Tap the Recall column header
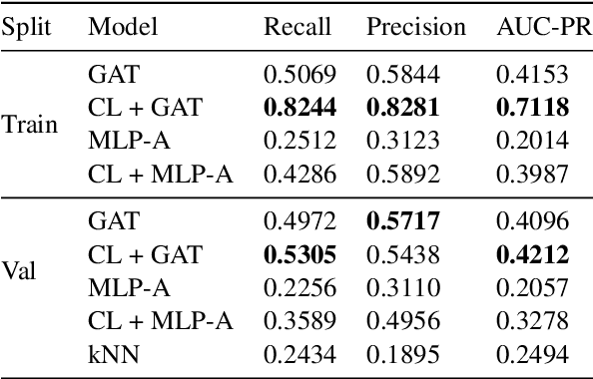point(296,27)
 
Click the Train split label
point(29,126)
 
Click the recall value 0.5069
point(296,74)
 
